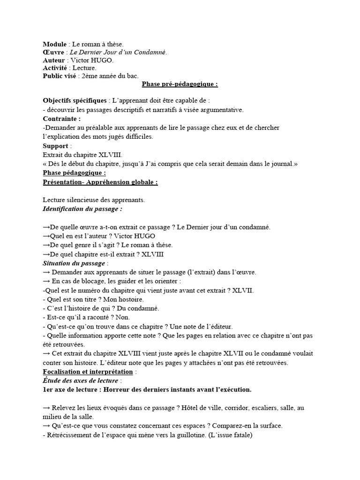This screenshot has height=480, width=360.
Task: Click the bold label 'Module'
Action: pyautogui.click(x=55, y=44)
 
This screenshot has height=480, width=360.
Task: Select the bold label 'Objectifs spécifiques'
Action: pyautogui.click(x=75, y=100)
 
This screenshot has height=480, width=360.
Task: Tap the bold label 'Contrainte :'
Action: pyautogui.click(x=61, y=119)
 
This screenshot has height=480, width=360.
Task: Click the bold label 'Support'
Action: pyautogui.click(x=55, y=146)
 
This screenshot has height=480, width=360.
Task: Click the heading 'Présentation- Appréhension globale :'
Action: pyautogui.click(x=100, y=182)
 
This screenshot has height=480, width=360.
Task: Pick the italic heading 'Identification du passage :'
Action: pyautogui.click(x=82, y=208)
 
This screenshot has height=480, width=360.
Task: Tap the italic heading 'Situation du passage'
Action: pyautogui.click(x=74, y=263)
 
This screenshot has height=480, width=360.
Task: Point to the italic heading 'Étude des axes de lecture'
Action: pyautogui.click(x=81, y=380)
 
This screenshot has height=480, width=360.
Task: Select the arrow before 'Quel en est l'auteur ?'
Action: pyautogui.click(x=46, y=236)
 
